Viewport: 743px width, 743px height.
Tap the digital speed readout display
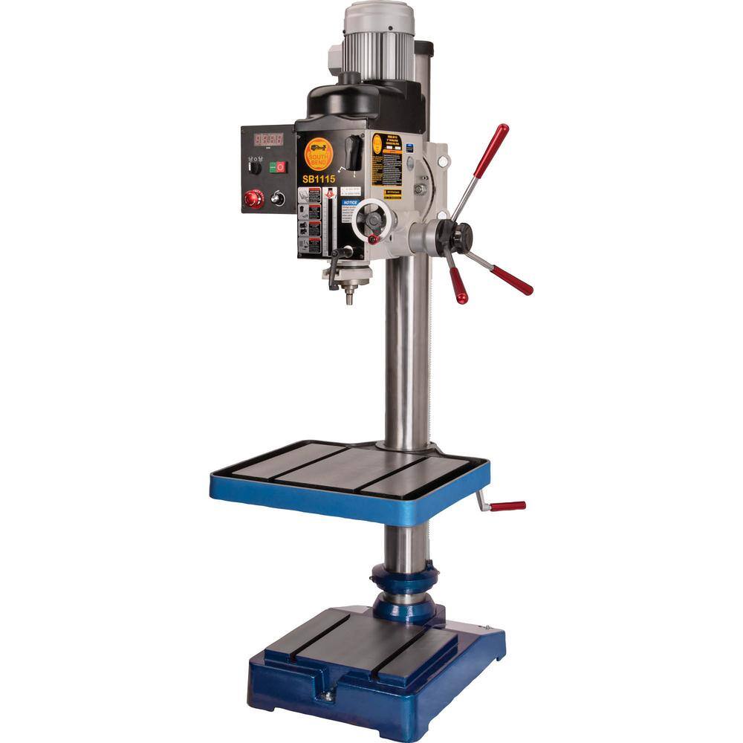(x=267, y=140)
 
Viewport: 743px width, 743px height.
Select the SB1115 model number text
(x=318, y=178)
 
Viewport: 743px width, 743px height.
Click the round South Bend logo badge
(x=319, y=154)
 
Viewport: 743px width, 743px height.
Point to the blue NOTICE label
(x=349, y=202)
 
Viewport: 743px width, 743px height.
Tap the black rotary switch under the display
(x=254, y=167)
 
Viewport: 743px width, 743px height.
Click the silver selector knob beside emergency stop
(x=279, y=198)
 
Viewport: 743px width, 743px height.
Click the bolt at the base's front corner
(x=325, y=696)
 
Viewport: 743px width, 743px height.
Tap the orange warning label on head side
(x=386, y=159)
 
